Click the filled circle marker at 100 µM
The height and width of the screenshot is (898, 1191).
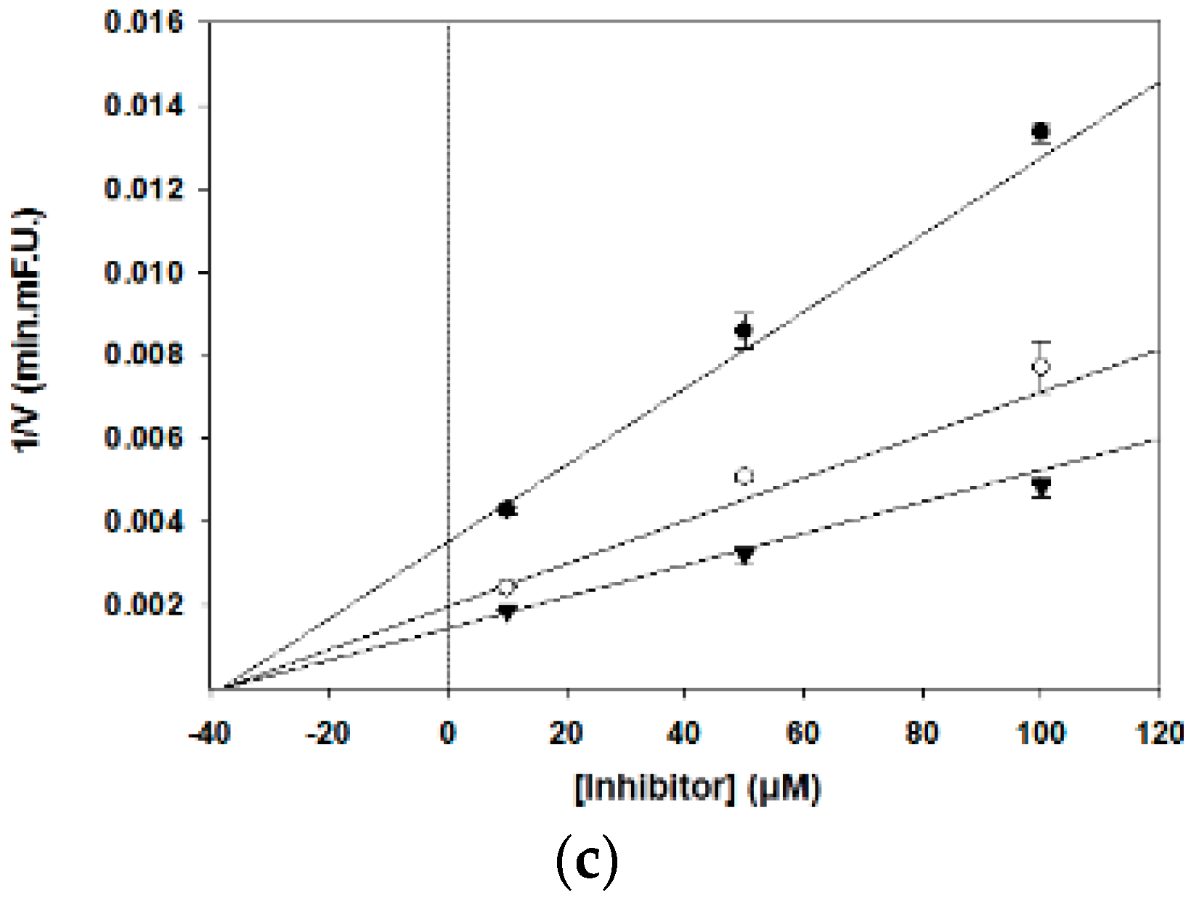point(1041,132)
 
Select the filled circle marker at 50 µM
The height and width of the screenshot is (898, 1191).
point(744,331)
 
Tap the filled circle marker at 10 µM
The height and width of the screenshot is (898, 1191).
point(507,509)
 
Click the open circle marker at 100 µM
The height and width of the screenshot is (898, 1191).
point(1041,366)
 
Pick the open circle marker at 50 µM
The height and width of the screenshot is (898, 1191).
point(744,477)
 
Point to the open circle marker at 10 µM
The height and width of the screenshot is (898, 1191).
point(507,586)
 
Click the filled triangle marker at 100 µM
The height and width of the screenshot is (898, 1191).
point(1041,485)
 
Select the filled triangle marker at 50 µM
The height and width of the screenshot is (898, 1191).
point(744,554)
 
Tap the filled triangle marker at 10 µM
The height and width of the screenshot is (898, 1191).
point(507,612)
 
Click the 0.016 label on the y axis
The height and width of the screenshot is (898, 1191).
point(144,22)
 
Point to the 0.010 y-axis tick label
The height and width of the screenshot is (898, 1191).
point(144,272)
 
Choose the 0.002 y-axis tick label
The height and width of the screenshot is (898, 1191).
point(144,604)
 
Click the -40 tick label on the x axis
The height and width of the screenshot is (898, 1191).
point(209,733)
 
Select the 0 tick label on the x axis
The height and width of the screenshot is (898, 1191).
point(448,733)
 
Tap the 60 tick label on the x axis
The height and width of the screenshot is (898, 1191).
point(803,733)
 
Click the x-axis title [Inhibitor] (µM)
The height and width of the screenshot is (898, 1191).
point(698,788)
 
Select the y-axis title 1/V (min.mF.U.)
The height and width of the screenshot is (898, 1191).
point(29,331)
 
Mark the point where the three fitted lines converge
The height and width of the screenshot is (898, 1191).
point(225,687)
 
